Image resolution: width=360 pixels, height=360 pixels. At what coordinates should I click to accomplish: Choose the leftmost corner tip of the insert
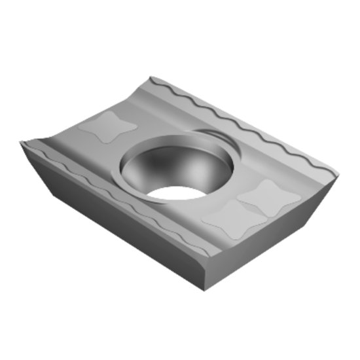(21, 143)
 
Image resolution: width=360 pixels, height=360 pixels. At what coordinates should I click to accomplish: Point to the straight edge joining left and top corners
(85, 110)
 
